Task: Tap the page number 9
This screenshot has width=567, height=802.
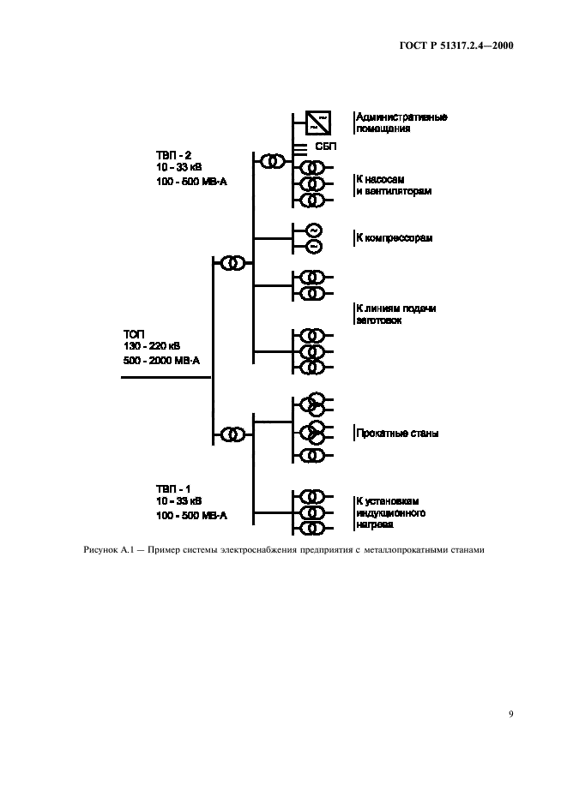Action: click(x=510, y=712)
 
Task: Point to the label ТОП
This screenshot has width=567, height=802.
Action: click(x=134, y=333)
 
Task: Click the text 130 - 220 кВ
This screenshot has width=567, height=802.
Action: click(x=152, y=346)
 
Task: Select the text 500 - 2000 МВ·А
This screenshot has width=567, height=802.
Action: click(x=161, y=361)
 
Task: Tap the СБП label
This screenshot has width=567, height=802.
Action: click(x=327, y=147)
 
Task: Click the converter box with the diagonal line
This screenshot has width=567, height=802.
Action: click(x=315, y=123)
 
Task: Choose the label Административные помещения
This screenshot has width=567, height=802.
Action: click(x=401, y=123)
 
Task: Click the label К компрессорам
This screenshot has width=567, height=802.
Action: click(x=395, y=237)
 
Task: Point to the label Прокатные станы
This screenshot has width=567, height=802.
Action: click(x=398, y=434)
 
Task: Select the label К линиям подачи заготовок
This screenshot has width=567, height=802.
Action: click(x=395, y=314)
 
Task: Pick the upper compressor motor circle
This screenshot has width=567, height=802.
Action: click(x=313, y=230)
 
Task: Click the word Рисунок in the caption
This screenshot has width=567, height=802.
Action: click(x=100, y=550)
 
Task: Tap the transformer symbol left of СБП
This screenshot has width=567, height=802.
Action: click(x=272, y=161)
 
